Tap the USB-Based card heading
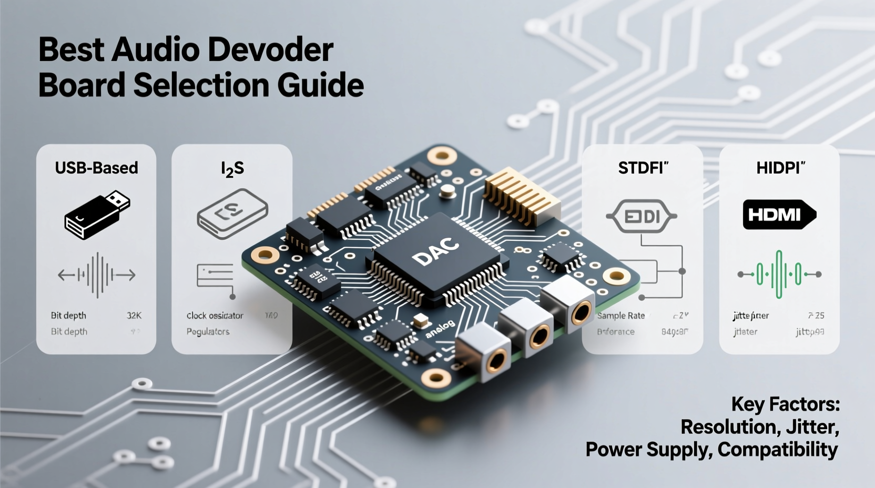pyautogui.click(x=96, y=168)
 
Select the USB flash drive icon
pyautogui.click(x=97, y=215)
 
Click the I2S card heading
pyautogui.click(x=232, y=169)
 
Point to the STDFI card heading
pyautogui.click(x=643, y=168)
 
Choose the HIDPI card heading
pyautogui.click(x=780, y=168)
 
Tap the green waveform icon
pyautogui.click(x=779, y=274)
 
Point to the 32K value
pyautogui.click(x=134, y=316)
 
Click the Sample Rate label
pyautogui.click(x=621, y=316)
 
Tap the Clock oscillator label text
pyautogui.click(x=215, y=316)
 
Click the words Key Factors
pyautogui.click(x=785, y=404)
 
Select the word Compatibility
pyautogui.click(x=777, y=450)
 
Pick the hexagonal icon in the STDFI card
pyautogui.click(x=642, y=216)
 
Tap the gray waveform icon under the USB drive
pyautogui.click(x=97, y=274)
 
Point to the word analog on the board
pyautogui.click(x=440, y=329)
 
